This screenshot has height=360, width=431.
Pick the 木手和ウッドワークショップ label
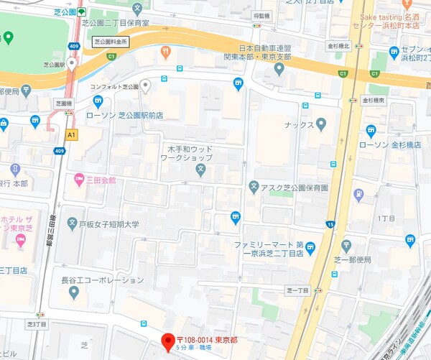(185, 152)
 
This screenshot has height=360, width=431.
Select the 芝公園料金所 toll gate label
(111, 42)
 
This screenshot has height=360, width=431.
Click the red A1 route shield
(72, 134)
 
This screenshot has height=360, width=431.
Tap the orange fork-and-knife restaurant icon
(166, 52)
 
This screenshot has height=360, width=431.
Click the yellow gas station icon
(356, 195)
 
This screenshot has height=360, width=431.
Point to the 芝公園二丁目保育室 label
(126, 23)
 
